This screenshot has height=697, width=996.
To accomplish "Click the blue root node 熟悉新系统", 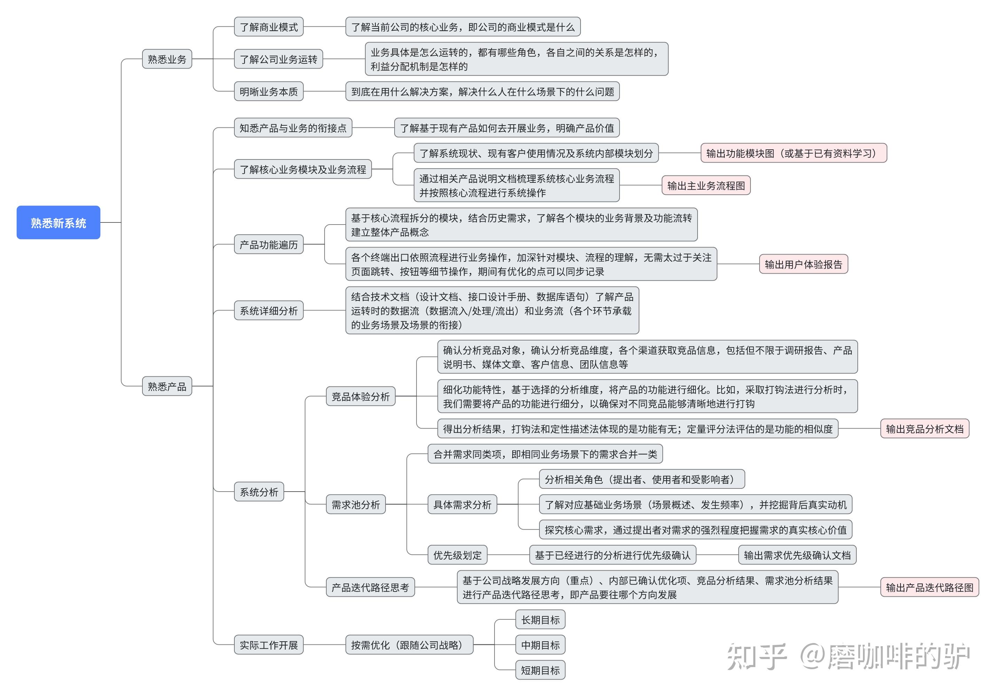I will point(58,222).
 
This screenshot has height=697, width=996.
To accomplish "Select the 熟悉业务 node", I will point(167,59).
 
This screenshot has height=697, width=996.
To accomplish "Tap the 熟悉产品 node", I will point(167,386).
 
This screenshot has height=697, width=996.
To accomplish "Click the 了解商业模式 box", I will point(269,27).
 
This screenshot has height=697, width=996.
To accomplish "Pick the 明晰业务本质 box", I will point(269,92).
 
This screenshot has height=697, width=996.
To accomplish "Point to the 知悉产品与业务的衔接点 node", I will point(293,128).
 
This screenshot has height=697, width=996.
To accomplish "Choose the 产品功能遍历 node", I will point(269,245).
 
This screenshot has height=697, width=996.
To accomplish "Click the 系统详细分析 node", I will point(269,311).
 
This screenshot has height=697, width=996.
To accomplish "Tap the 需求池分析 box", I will point(356,504).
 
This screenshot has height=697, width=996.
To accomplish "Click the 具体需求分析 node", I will point(462,504).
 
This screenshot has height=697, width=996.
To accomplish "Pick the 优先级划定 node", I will point(457,555).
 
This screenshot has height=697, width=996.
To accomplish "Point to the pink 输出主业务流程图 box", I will point(706,186).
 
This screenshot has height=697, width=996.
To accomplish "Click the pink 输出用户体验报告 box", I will point(803,264).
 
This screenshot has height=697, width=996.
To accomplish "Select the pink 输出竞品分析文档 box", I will point(924,429).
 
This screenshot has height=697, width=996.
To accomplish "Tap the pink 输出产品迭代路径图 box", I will point(929,587).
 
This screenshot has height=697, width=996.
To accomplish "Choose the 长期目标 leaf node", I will point(540,620).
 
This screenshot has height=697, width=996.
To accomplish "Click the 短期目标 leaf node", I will point(540,670).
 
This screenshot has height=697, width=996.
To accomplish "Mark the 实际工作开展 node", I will point(269,645).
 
